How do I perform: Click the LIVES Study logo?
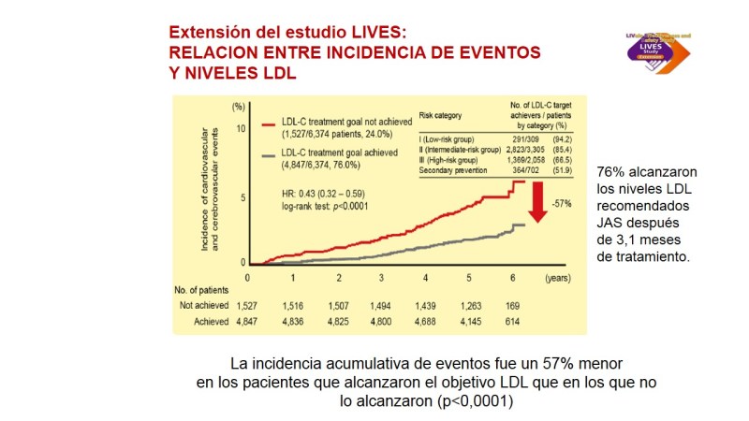click(676, 47)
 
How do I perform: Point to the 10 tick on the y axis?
click(240, 128)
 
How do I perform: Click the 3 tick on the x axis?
click(381, 279)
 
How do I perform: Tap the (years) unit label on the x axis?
click(559, 279)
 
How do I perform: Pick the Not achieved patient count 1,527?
click(247, 306)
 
